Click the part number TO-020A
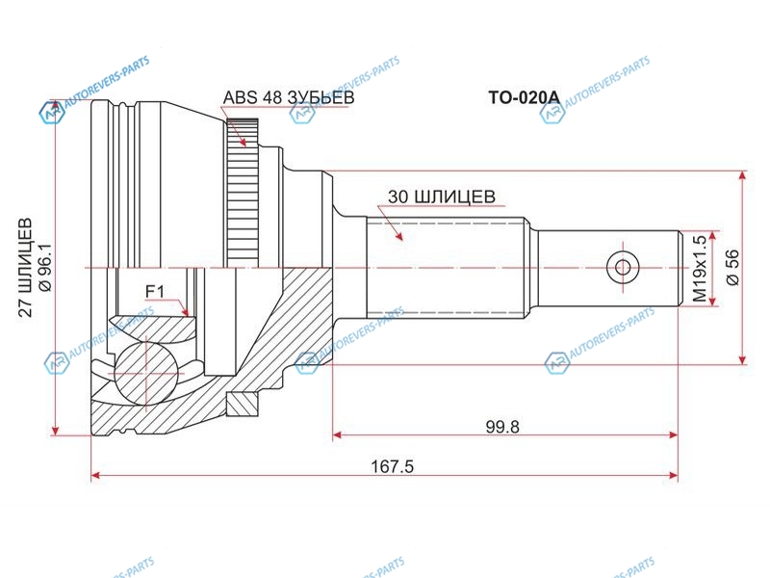click(x=524, y=97)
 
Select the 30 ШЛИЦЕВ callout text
click(x=442, y=197)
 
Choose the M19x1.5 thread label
click(x=700, y=270)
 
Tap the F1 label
click(x=156, y=292)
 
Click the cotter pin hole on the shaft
click(x=622, y=267)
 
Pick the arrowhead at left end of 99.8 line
click(x=338, y=435)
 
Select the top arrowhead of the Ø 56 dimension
click(x=742, y=177)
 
